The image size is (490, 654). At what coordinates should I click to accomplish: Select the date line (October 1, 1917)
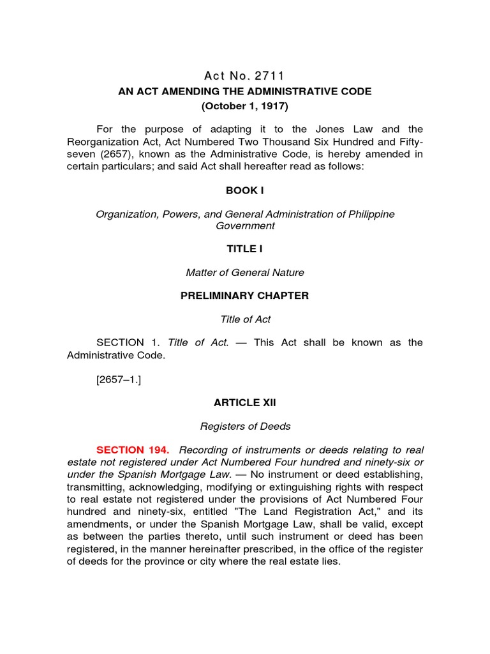coord(245,106)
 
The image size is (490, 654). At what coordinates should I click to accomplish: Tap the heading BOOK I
coord(245,191)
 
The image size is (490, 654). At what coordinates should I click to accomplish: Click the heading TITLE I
coord(245,249)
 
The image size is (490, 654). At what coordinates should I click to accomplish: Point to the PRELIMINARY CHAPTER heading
coord(245,296)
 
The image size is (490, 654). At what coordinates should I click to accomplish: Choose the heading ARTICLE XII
coord(245,403)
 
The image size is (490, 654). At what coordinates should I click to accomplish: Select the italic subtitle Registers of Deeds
coord(245,427)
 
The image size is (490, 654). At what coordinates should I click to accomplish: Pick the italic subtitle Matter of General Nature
coord(245,273)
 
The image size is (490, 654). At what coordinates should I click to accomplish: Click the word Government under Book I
coord(245,225)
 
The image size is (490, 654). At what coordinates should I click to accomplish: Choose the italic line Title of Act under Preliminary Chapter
coord(245,319)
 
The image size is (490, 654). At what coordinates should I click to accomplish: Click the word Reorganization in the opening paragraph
coord(99,142)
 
